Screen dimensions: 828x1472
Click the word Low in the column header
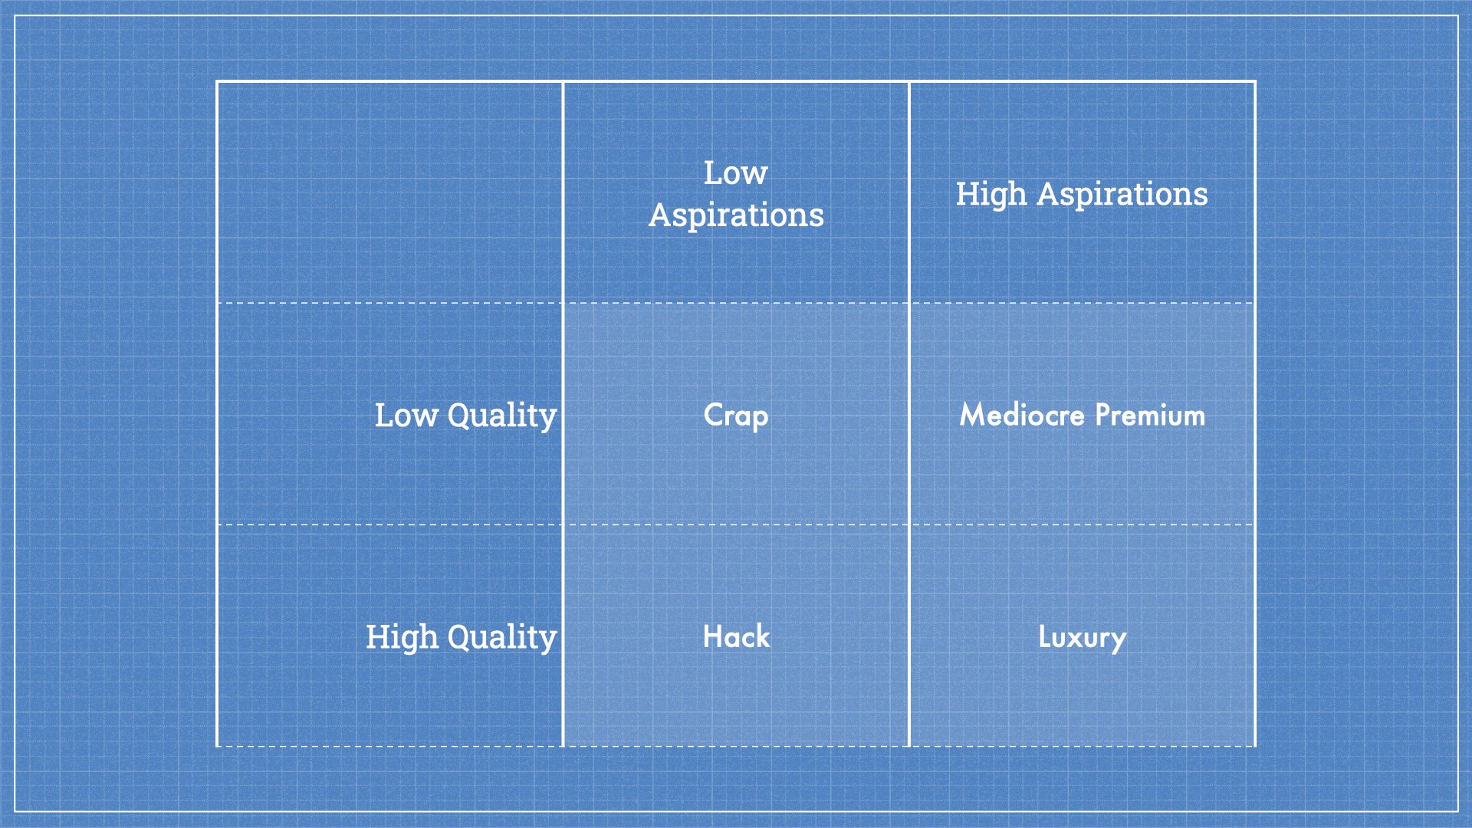coord(735,173)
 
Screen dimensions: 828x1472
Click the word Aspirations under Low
coord(736,215)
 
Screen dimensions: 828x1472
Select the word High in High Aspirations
coord(991,195)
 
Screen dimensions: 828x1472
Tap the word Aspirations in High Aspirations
coord(1122,195)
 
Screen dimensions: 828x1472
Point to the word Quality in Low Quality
coord(502,416)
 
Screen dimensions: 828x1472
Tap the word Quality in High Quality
coord(502,638)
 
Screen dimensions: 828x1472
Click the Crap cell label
coord(736,416)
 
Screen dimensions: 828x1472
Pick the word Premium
coord(1150,415)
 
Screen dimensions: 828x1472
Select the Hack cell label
coord(736,637)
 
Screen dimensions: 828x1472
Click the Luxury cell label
coord(1082,637)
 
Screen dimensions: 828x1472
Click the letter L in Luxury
coord(1044,636)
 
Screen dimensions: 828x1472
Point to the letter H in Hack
coord(713,637)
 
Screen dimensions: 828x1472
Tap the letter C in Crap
coord(713,415)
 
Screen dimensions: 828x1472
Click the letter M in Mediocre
coord(974,415)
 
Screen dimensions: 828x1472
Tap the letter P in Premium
coord(1102,415)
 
